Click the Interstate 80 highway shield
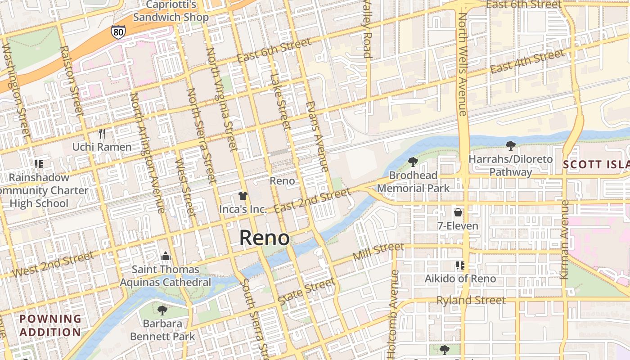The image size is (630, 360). coord(118,31)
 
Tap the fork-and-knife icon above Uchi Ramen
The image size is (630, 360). coord(102,134)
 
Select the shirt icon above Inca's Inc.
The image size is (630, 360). coord(243,196)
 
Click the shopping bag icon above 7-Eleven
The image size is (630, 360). coord(458,212)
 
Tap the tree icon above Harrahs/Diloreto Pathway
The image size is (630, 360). coord(510,145)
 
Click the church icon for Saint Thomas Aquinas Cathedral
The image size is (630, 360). coord(166,256)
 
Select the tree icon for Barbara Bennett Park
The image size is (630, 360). coord(162,310)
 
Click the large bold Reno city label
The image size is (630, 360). coord(265,238)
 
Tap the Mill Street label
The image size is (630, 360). coord(378,252)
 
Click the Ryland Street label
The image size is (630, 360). coord(471,300)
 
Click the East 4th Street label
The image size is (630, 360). coord(527,63)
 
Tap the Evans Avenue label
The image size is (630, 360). coord(317,136)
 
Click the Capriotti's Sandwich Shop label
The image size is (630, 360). coord(171,11)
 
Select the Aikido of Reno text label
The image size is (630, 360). coord(460,279)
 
